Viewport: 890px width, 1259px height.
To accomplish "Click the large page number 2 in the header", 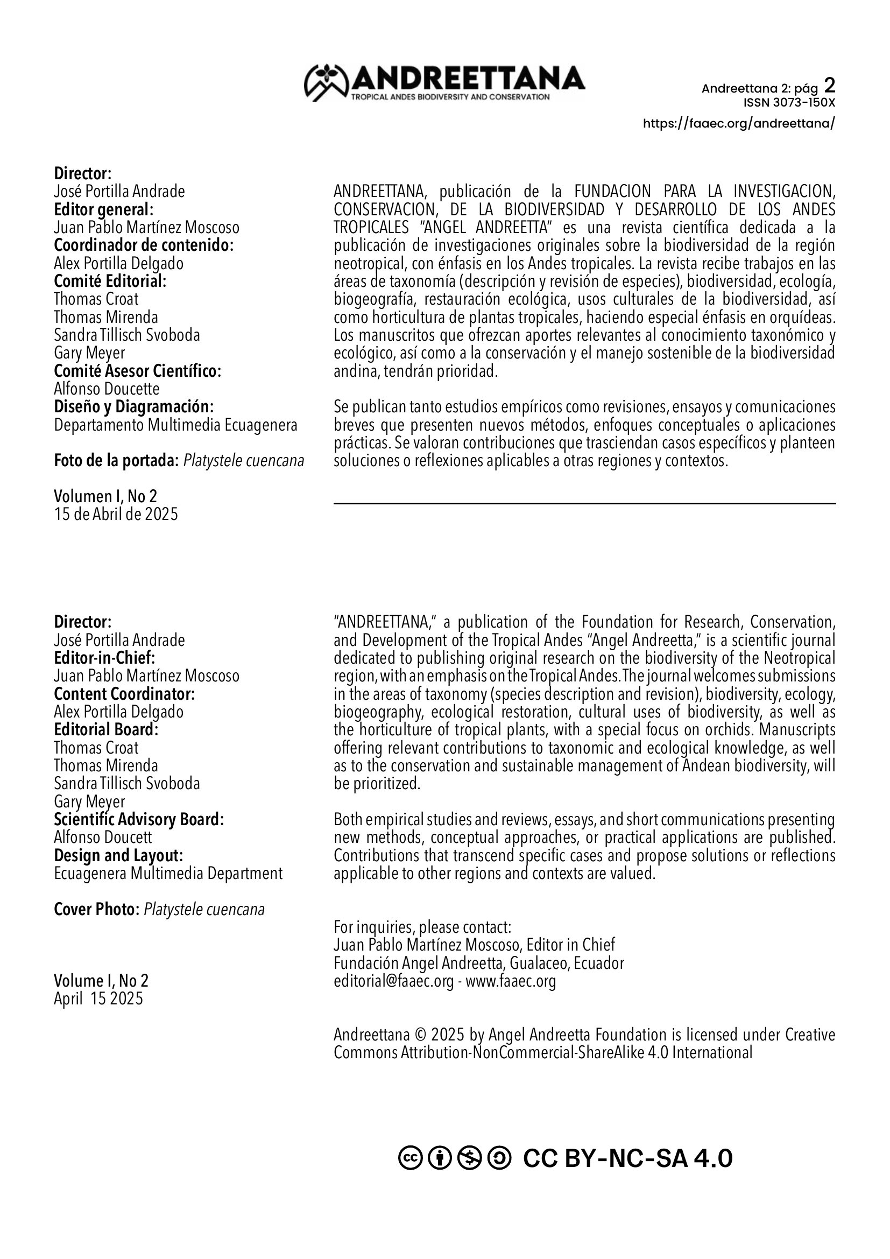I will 830,86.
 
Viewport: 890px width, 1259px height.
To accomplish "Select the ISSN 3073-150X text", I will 789,103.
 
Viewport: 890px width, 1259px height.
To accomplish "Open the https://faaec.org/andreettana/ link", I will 739,123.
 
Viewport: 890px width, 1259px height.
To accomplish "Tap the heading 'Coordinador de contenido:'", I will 144,245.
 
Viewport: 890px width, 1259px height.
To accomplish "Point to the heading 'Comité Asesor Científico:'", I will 138,371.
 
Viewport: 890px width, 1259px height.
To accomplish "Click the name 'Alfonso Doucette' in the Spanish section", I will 107,389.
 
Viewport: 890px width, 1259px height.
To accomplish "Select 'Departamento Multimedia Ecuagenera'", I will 175,426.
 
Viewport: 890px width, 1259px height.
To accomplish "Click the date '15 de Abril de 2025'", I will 116,515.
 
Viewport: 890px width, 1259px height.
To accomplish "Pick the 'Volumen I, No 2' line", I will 105,496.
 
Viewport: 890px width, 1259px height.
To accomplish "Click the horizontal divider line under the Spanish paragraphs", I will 584,503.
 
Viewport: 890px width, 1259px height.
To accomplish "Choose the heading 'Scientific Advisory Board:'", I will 139,820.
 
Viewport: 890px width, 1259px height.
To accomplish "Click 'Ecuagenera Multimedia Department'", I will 168,874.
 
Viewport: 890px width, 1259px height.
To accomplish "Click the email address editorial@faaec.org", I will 393,981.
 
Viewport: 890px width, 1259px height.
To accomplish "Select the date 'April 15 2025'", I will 98,998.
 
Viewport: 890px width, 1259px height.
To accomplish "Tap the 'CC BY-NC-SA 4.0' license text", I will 627,1159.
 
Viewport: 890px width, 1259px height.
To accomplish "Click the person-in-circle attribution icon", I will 440,1159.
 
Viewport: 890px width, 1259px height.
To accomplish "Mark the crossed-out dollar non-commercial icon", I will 469,1159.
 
